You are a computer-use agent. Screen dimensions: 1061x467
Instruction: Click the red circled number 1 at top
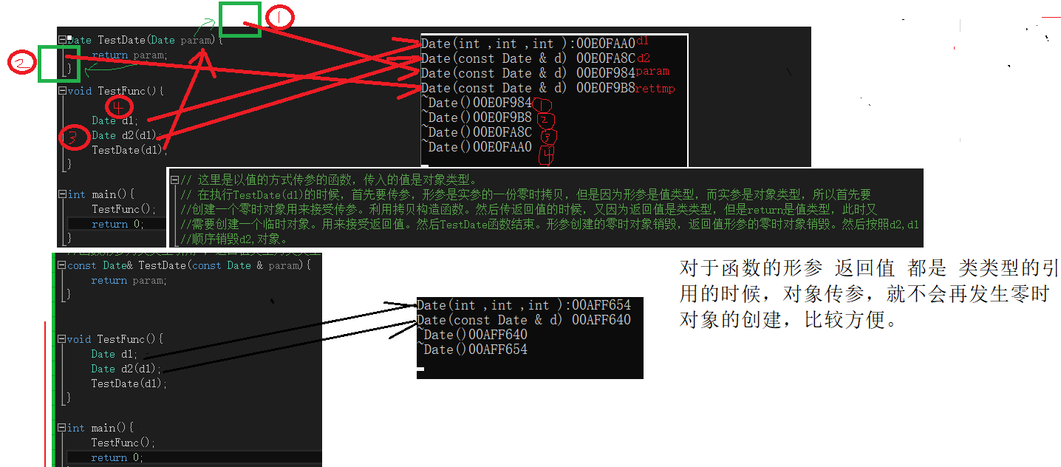[x=279, y=16]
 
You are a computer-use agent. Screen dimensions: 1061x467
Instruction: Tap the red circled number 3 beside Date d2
[x=73, y=137]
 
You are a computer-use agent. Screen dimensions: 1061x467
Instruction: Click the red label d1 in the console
[x=642, y=41]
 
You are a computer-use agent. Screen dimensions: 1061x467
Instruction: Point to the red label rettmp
[x=655, y=89]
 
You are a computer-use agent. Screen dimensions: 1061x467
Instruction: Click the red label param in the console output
[x=652, y=72]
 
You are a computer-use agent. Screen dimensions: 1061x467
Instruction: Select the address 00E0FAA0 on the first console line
[x=606, y=44]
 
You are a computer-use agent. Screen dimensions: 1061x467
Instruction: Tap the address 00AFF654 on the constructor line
[x=601, y=305]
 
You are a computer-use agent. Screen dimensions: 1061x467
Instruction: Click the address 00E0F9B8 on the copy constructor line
[x=606, y=89]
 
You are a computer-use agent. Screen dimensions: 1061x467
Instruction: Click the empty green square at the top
[x=240, y=18]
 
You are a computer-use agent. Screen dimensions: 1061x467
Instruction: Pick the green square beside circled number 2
[x=58, y=63]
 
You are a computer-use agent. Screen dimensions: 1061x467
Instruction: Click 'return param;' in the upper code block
[x=129, y=55]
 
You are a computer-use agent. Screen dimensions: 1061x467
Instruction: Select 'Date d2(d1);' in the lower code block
[x=125, y=369]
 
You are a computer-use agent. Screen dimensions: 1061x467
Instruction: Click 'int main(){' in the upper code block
[x=101, y=194]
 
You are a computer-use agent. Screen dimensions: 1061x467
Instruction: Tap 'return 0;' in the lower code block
[x=117, y=457]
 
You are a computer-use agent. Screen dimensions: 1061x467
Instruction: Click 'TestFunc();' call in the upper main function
[x=123, y=209]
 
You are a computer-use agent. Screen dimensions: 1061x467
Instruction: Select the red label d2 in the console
[x=644, y=57]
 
